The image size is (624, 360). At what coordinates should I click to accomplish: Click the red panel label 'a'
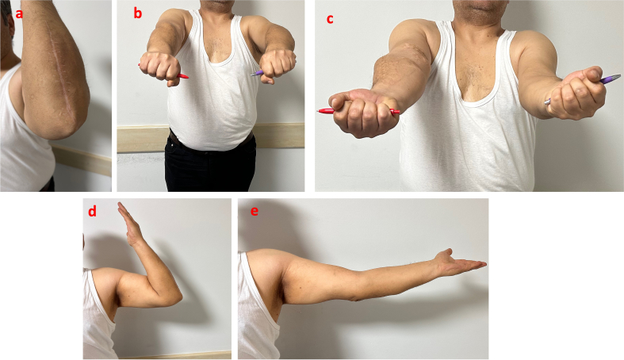coord(19,14)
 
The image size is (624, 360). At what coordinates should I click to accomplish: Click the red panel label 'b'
coord(137,13)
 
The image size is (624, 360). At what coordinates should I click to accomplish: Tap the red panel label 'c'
coord(330,19)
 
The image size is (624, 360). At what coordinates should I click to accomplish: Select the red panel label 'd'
coord(92,211)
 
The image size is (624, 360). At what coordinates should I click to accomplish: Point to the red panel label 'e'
coord(255,211)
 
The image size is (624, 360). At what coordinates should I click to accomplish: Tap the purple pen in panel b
coord(257,73)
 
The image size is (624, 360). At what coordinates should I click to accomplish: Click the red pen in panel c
coord(358,111)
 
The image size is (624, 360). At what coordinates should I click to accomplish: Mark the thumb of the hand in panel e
coord(446,254)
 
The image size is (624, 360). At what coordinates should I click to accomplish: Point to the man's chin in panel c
coord(480,10)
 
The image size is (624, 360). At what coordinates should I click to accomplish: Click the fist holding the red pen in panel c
coord(360,113)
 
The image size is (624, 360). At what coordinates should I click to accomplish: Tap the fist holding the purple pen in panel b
coord(278,65)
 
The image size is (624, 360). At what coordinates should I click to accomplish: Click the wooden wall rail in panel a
coord(82,159)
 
